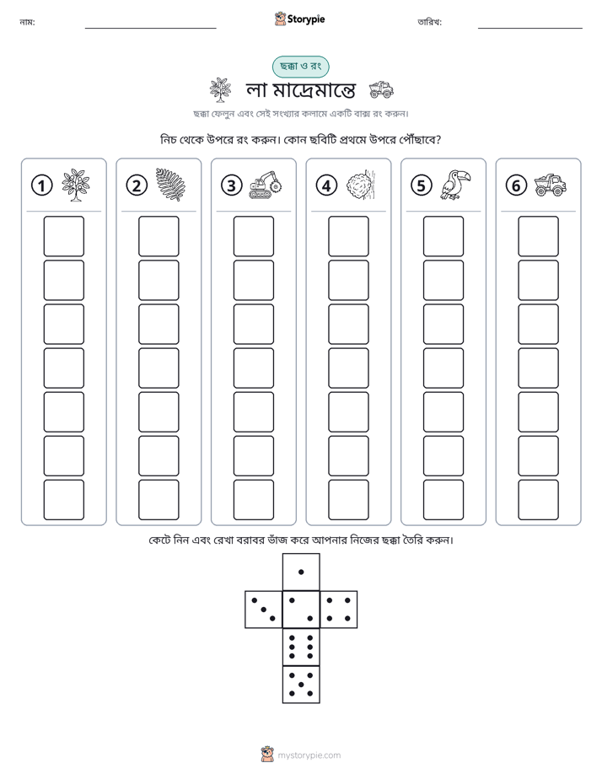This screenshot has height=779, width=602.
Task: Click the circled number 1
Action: pyautogui.click(x=41, y=185)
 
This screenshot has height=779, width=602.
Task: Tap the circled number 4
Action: pyautogui.click(x=326, y=185)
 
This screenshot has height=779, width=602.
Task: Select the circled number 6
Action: pyautogui.click(x=516, y=185)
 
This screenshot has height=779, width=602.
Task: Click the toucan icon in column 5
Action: pyautogui.click(x=455, y=185)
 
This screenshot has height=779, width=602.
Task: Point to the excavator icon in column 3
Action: pyautogui.click(x=266, y=185)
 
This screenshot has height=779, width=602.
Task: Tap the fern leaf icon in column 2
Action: pyautogui.click(x=170, y=185)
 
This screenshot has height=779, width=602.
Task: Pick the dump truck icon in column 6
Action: pyautogui.click(x=551, y=185)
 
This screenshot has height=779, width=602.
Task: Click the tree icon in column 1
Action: pyautogui.click(x=76, y=185)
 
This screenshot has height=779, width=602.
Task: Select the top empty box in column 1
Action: pyautogui.click(x=63, y=236)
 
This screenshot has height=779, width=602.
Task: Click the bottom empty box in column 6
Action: pyautogui.click(x=539, y=500)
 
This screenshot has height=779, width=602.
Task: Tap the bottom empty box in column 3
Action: pyautogui.click(x=253, y=500)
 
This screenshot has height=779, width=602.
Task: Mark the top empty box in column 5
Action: pyautogui.click(x=443, y=236)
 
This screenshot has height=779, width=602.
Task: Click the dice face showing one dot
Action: pyautogui.click(x=301, y=572)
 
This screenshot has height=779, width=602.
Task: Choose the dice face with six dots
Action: pyautogui.click(x=301, y=647)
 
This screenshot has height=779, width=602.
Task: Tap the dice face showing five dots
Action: pyautogui.click(x=301, y=685)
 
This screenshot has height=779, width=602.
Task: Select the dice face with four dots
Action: pyautogui.click(x=339, y=609)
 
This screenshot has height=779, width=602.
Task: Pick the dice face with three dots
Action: pyautogui.click(x=264, y=609)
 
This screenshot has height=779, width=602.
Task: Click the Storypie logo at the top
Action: pyautogui.click(x=299, y=19)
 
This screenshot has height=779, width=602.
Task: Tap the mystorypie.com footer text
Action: pyautogui.click(x=309, y=755)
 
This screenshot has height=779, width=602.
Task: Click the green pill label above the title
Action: pyautogui.click(x=300, y=67)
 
